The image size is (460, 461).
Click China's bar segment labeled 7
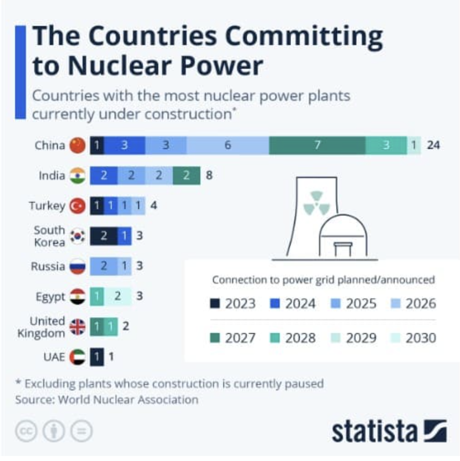click(317, 145)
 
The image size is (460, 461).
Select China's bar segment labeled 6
click(228, 145)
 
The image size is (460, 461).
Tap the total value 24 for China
click(433, 145)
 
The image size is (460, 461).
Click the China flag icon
click(78, 145)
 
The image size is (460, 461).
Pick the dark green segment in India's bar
click(186, 175)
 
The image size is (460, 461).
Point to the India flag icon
click(78, 175)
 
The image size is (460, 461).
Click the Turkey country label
click(47, 205)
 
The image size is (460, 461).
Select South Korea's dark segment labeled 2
click(104, 236)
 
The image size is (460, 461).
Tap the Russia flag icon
click(78, 266)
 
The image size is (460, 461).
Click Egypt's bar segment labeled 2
click(118, 296)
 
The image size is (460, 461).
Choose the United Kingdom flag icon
click(78, 327)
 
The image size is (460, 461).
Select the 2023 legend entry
click(233, 304)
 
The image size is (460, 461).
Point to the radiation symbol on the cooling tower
click(316, 203)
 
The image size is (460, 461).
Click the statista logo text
click(374, 431)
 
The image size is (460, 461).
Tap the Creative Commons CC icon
click(26, 431)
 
